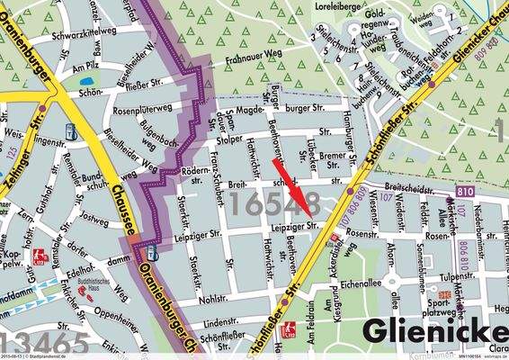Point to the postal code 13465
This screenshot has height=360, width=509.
(45, 343)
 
